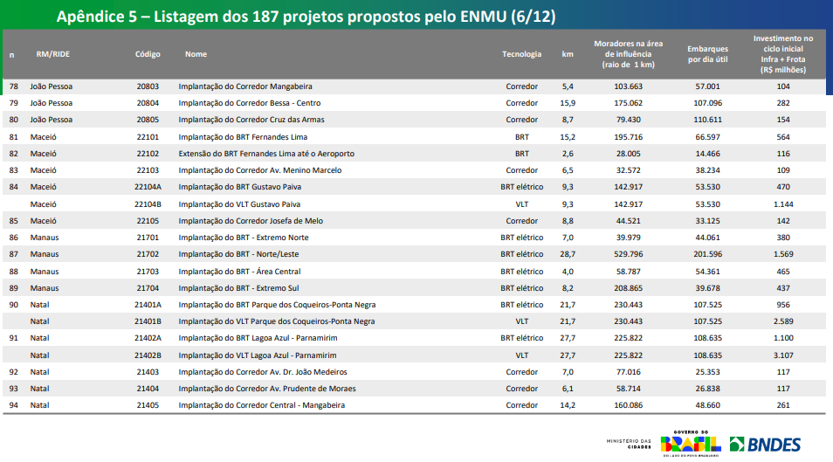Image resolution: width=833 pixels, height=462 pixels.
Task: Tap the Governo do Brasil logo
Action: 690,444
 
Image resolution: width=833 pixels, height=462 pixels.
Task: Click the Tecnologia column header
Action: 521,54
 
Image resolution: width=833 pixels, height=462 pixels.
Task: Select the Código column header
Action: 148,54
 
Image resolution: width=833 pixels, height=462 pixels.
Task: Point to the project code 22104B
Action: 148,204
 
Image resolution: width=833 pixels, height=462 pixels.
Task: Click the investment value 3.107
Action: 782,355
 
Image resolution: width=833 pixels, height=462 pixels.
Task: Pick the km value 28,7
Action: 568,254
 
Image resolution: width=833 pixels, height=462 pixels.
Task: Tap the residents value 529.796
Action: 628,254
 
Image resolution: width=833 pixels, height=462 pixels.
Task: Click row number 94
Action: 13,405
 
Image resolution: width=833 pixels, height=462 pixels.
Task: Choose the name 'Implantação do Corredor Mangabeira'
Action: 244,86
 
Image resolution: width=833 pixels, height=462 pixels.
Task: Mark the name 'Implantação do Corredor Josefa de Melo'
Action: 251,221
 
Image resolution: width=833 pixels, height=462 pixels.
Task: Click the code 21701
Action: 148,238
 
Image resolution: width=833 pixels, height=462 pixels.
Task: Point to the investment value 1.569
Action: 782,254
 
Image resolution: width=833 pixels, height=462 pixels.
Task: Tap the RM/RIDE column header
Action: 52,54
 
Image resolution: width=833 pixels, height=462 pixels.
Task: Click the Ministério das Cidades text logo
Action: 628,445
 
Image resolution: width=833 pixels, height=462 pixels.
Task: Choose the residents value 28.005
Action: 628,154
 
